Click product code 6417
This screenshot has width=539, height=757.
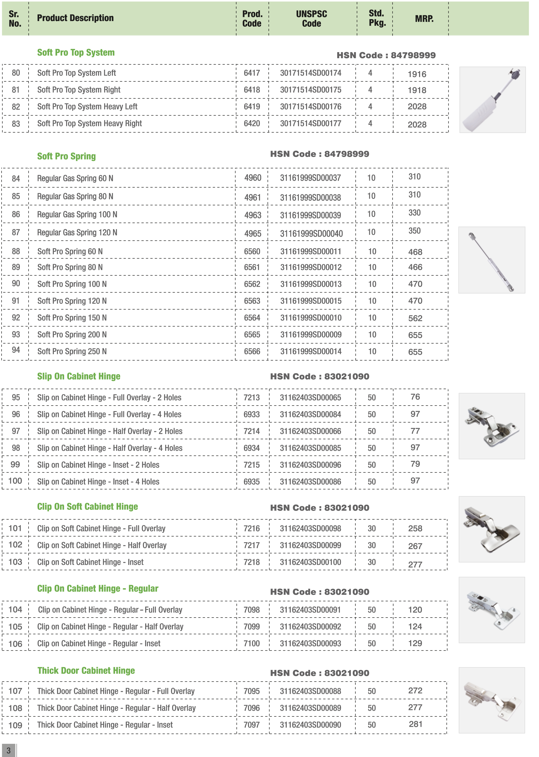(252, 73)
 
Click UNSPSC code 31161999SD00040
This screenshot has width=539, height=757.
(311, 234)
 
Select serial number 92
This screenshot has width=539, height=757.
(16, 318)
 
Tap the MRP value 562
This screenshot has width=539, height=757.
(415, 318)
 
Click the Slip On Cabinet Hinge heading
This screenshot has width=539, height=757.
(79, 376)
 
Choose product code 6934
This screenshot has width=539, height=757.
(252, 448)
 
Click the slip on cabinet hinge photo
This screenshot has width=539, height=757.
(492, 426)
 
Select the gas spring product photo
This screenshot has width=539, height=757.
(492, 260)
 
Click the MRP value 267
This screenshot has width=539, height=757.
(415, 546)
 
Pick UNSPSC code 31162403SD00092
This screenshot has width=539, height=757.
(310, 627)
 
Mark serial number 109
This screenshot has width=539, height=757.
(15, 725)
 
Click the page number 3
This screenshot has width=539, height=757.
(9, 750)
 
